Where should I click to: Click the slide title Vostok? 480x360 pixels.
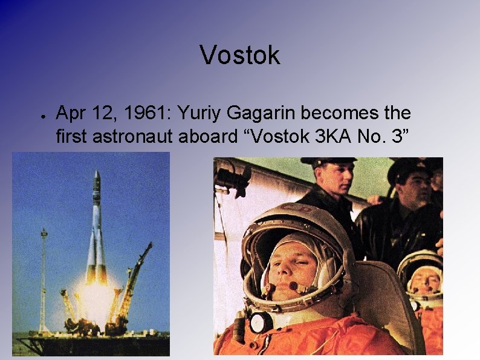[x=240, y=56]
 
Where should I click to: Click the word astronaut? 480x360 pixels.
[x=135, y=136]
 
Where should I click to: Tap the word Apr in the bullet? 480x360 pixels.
[x=71, y=113]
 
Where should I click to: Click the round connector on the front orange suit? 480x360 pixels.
[x=261, y=322]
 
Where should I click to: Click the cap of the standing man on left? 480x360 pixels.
[x=329, y=162]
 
